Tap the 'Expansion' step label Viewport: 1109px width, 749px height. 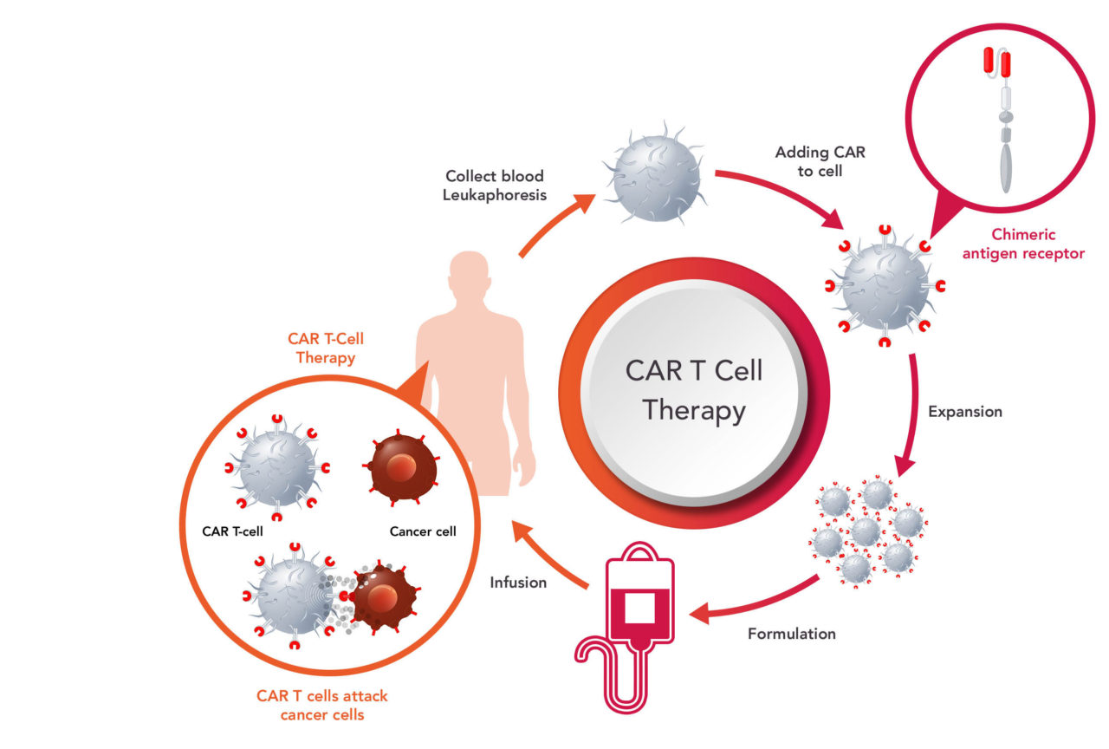click(x=964, y=412)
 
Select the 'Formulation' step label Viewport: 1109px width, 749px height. click(x=791, y=634)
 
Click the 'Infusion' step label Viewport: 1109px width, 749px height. click(x=518, y=583)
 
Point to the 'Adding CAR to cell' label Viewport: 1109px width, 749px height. click(x=820, y=162)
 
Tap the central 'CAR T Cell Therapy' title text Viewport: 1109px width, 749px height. click(x=694, y=390)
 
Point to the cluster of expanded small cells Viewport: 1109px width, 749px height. click(x=867, y=529)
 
